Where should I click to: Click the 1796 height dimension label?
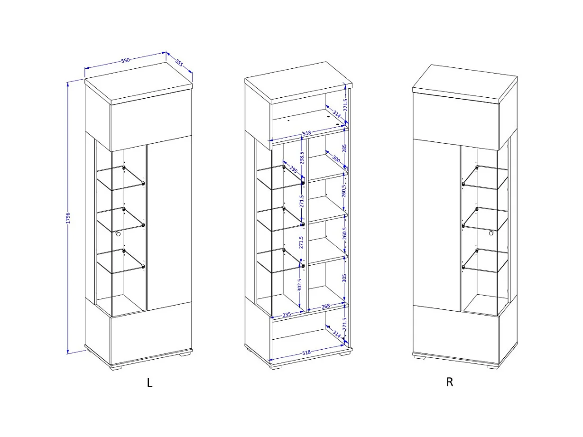[68, 218]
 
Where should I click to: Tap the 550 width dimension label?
[125, 60]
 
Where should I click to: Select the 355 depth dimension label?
[179, 63]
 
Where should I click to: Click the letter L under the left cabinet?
[150, 383]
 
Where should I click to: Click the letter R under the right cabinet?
[449, 382]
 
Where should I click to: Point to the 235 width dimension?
[287, 315]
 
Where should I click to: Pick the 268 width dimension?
[325, 307]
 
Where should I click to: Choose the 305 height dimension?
[344, 278]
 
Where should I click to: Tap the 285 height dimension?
[344, 148]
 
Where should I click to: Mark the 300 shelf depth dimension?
[336, 159]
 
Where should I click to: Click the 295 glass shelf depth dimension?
[293, 169]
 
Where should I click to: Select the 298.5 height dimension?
[302, 158]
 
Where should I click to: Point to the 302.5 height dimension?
[300, 285]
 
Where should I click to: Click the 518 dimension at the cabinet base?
[306, 353]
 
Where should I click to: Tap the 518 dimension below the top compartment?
[307, 133]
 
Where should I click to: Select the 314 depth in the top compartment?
[336, 114]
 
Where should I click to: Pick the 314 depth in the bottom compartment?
[336, 334]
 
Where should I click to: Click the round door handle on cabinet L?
[118, 234]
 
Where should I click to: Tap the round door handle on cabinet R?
[491, 233]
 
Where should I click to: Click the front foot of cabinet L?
[116, 368]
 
